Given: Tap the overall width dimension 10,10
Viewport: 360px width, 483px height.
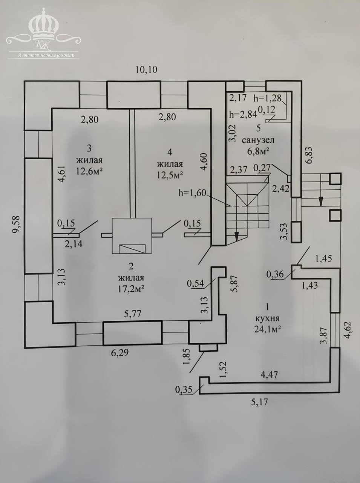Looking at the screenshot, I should pos(146,69).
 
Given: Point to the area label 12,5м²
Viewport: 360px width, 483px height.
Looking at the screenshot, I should pos(170,175).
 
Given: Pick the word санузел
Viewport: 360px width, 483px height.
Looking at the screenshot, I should pos(258,140).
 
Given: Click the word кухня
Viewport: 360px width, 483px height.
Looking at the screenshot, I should pos(267,318).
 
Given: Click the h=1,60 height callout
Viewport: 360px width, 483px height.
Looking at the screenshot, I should pos(192,193).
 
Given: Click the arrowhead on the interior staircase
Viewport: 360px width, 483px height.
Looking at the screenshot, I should pos(236,237).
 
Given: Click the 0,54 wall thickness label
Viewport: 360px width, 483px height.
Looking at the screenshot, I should pos(195,284).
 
